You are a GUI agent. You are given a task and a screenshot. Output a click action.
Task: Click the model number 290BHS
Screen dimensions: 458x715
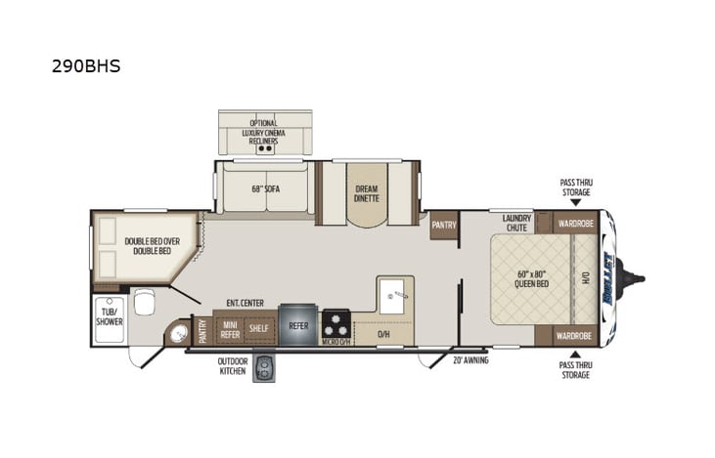click(x=86, y=68)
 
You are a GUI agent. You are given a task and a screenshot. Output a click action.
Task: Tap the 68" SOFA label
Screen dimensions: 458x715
click(x=265, y=188)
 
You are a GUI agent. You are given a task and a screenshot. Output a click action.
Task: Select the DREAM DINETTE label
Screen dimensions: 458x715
click(x=366, y=192)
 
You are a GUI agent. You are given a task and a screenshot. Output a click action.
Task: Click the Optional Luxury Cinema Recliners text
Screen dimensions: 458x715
click(x=263, y=132)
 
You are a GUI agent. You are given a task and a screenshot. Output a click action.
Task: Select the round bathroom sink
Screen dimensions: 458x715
click(x=178, y=334)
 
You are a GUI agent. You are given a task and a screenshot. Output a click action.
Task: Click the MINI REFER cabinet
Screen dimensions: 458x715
click(x=231, y=329)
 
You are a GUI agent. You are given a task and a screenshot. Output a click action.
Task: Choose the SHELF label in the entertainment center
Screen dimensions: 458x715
click(x=258, y=329)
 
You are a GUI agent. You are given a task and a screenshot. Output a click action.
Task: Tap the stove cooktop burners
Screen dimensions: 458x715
click(x=336, y=323)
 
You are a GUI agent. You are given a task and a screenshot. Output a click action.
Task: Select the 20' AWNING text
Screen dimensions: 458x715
click(x=469, y=359)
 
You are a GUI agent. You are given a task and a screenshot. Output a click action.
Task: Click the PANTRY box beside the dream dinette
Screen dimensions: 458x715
click(x=444, y=225)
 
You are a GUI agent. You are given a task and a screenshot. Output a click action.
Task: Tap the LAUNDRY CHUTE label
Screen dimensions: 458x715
click(x=516, y=222)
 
